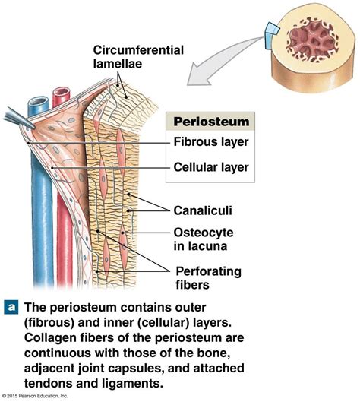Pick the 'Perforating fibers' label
click(208, 277)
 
